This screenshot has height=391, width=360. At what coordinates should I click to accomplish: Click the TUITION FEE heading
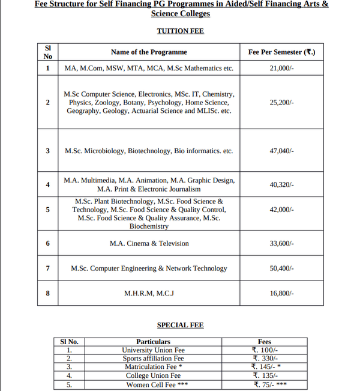(x=180, y=31)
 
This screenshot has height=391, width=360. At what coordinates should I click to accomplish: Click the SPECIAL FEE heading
(x=180, y=325)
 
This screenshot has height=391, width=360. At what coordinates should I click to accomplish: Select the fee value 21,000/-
(x=282, y=68)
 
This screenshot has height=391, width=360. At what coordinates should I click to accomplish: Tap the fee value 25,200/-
(x=282, y=103)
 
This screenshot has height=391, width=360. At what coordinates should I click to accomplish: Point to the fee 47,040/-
(x=282, y=151)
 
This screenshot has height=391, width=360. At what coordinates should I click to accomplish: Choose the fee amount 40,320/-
(x=282, y=184)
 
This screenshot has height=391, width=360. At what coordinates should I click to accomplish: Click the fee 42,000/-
(x=282, y=210)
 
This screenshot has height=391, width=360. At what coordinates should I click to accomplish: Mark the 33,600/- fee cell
(x=282, y=243)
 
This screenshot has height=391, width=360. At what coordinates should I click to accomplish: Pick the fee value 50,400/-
(x=282, y=268)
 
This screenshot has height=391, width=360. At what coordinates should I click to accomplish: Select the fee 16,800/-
(x=282, y=294)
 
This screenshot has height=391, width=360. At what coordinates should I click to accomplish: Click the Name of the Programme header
(x=149, y=52)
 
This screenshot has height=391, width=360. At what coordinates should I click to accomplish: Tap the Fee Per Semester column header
(x=282, y=52)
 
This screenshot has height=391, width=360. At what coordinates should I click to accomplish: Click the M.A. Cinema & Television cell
(x=149, y=243)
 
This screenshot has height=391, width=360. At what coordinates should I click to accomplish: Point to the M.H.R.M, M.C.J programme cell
(x=149, y=294)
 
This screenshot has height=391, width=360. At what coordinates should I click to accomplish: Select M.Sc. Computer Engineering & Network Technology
(x=149, y=268)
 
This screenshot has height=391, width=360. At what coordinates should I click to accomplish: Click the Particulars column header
(x=153, y=342)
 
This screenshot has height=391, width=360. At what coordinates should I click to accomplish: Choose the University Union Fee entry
(x=153, y=350)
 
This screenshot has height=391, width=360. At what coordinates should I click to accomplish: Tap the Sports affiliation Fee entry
(x=153, y=359)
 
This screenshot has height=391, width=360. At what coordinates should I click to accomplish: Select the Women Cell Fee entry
(x=153, y=385)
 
